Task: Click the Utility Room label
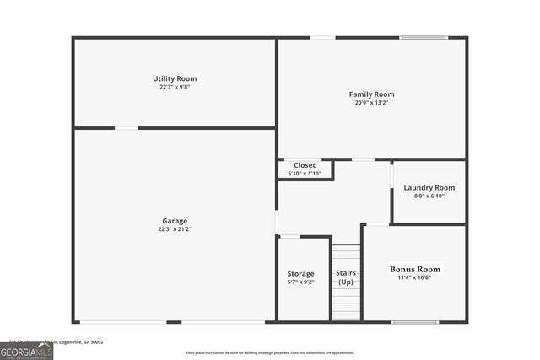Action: pos(175,78)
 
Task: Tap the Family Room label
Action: pos(371,94)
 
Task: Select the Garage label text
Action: pos(175,221)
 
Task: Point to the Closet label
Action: pos(305,165)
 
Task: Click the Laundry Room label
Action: pos(429,187)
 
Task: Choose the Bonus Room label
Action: pos(414,270)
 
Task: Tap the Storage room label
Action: pos(300,273)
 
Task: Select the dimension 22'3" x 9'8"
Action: pos(175,87)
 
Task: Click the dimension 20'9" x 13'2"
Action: pos(371,103)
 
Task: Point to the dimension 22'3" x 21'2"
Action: pos(175,229)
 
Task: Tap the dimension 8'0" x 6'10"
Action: pos(429,196)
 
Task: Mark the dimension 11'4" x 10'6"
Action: pos(414,278)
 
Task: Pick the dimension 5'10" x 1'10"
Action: pos(305,174)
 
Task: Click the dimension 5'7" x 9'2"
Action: pos(300,282)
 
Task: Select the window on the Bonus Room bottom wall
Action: pos(414,321)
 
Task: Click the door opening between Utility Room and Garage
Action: pos(127,128)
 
